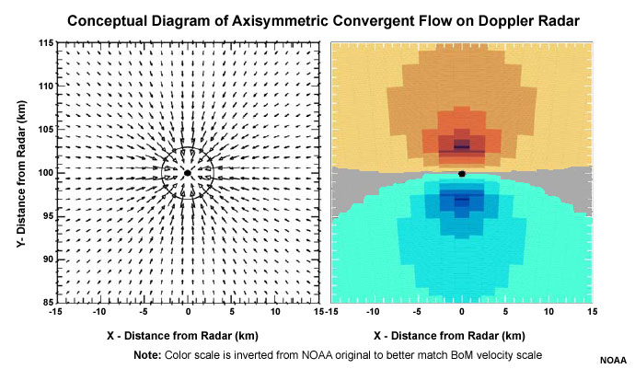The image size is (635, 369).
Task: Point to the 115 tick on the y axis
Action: click(x=43, y=42)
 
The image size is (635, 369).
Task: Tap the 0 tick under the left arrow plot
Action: click(x=188, y=313)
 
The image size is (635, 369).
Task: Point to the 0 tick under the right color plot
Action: click(x=462, y=313)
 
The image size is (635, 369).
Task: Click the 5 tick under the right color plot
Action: click(x=506, y=313)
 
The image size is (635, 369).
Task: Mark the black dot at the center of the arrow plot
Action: click(x=188, y=172)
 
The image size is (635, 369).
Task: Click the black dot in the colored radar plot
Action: click(x=462, y=173)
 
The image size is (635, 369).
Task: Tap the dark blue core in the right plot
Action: click(x=461, y=198)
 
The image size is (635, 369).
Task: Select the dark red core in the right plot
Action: click(x=461, y=147)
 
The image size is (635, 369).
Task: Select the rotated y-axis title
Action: click(x=20, y=172)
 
